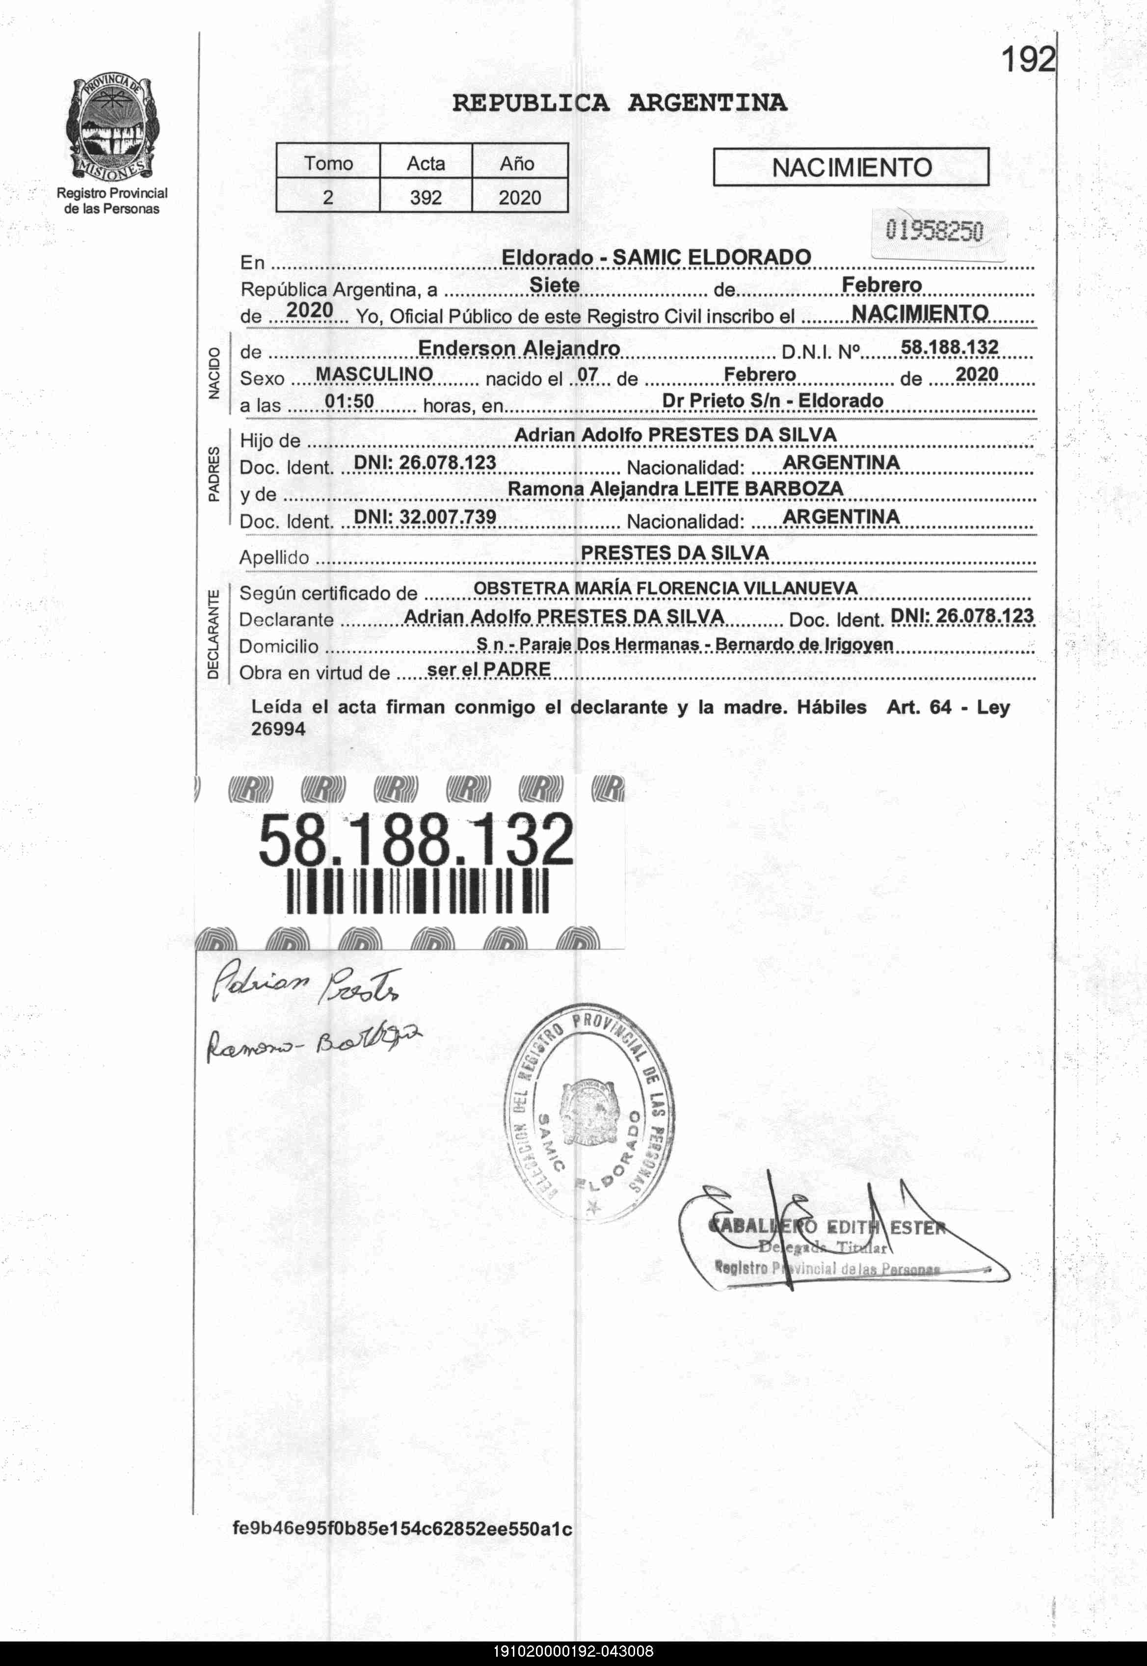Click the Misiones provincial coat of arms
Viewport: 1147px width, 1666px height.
(112, 130)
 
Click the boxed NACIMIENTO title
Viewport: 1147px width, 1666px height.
(851, 167)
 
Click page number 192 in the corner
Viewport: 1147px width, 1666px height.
(1028, 60)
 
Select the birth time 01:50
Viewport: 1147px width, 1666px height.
(349, 401)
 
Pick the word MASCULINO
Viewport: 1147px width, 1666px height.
(374, 374)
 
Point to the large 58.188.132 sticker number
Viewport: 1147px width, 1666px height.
(416, 839)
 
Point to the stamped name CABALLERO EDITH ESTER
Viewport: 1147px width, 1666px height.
(827, 1227)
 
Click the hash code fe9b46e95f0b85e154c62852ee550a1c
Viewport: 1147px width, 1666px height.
(402, 1548)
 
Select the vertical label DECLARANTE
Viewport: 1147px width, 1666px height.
(213, 635)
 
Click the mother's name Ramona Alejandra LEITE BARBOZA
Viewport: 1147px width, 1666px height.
(675, 489)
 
